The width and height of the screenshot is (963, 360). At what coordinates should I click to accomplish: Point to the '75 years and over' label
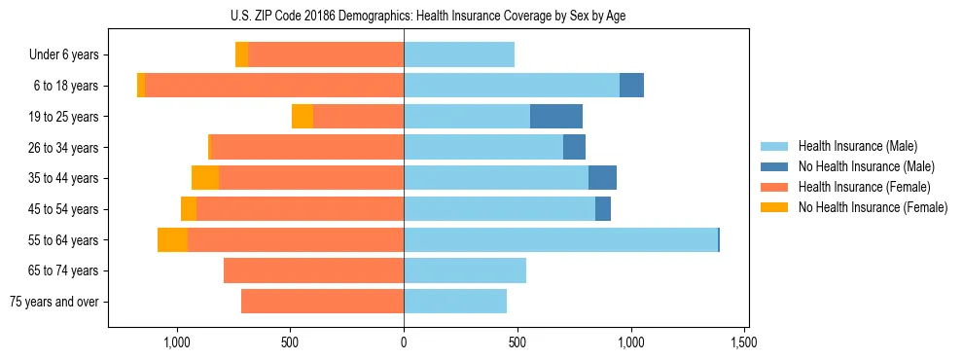pyautogui.click(x=54, y=302)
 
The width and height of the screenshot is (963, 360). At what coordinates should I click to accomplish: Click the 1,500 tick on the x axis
pyautogui.click(x=744, y=342)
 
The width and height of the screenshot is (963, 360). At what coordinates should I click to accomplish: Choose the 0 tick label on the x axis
pyautogui.click(x=404, y=342)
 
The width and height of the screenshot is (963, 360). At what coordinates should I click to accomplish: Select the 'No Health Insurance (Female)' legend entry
pyautogui.click(x=873, y=207)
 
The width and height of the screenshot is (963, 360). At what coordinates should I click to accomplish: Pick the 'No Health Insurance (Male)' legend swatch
pyautogui.click(x=774, y=166)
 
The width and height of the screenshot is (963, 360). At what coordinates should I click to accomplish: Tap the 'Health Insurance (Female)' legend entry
pyautogui.click(x=864, y=187)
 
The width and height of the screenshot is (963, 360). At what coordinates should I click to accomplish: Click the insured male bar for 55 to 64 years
pyautogui.click(x=560, y=239)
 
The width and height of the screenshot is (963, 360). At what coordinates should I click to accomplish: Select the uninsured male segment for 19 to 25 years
pyautogui.click(x=556, y=117)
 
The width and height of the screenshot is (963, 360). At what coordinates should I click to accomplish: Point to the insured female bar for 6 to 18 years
pyautogui.click(x=274, y=86)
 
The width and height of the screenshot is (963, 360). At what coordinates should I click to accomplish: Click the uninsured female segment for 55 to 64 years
pyautogui.click(x=172, y=239)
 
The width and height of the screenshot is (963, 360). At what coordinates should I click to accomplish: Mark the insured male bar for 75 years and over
pyautogui.click(x=455, y=302)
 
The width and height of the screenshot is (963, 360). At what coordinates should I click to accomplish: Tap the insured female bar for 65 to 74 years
pyautogui.click(x=313, y=270)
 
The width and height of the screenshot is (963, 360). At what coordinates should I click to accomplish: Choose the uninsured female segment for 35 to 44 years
pyautogui.click(x=205, y=178)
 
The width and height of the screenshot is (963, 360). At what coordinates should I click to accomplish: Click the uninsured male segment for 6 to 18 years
pyautogui.click(x=631, y=86)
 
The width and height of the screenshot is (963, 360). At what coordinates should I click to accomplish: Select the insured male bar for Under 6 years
pyautogui.click(x=459, y=54)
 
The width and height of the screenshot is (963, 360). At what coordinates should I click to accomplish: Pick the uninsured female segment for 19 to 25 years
pyautogui.click(x=303, y=117)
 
